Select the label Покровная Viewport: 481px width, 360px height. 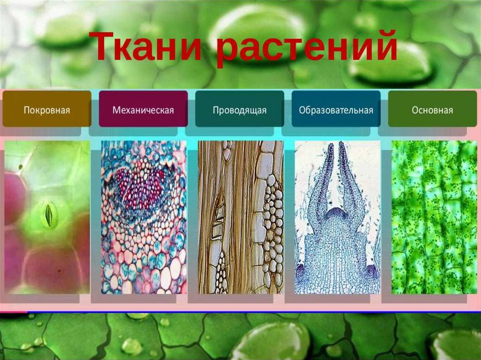pyautogui.click(x=47, y=110)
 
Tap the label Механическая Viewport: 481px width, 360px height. pyautogui.click(x=143, y=110)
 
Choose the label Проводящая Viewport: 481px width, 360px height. pyautogui.click(x=240, y=110)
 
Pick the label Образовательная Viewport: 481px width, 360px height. pyautogui.click(x=336, y=110)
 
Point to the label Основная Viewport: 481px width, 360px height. pyautogui.click(x=432, y=110)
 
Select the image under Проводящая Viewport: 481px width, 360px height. pyautogui.click(x=240, y=217)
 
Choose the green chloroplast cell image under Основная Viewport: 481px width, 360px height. pyautogui.click(x=434, y=217)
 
